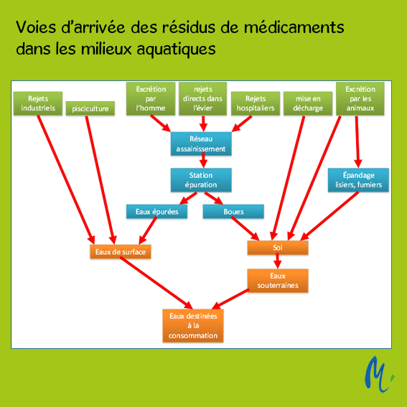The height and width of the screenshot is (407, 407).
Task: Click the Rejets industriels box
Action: click(38, 103)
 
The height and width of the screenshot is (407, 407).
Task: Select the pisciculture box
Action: click(90, 108)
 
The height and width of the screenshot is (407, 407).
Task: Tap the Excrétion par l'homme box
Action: click(151, 98)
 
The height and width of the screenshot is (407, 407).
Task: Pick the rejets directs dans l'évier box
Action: click(202, 98)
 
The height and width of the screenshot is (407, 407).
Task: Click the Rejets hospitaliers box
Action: click(256, 103)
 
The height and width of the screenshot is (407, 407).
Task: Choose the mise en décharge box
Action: click(308, 103)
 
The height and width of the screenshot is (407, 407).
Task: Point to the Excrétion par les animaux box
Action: click(360, 98)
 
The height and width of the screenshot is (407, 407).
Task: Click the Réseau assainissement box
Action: click(201, 144)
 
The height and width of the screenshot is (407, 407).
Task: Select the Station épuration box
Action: click(201, 180)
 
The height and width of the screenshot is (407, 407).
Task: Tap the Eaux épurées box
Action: click(156, 212)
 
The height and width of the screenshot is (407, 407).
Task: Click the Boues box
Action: click(233, 212)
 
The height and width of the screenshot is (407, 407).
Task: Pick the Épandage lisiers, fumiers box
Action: click(358, 180)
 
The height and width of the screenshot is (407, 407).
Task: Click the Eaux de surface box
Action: click(121, 251)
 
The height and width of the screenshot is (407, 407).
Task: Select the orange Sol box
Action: click(278, 248)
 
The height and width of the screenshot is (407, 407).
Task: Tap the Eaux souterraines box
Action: click(278, 281)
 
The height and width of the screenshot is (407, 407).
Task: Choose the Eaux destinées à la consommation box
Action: click(193, 326)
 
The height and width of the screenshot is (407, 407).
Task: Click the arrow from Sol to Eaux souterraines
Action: click(278, 261)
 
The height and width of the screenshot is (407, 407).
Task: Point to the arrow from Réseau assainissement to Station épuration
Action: click(203, 160)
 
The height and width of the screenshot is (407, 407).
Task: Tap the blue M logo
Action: click(378, 374)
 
